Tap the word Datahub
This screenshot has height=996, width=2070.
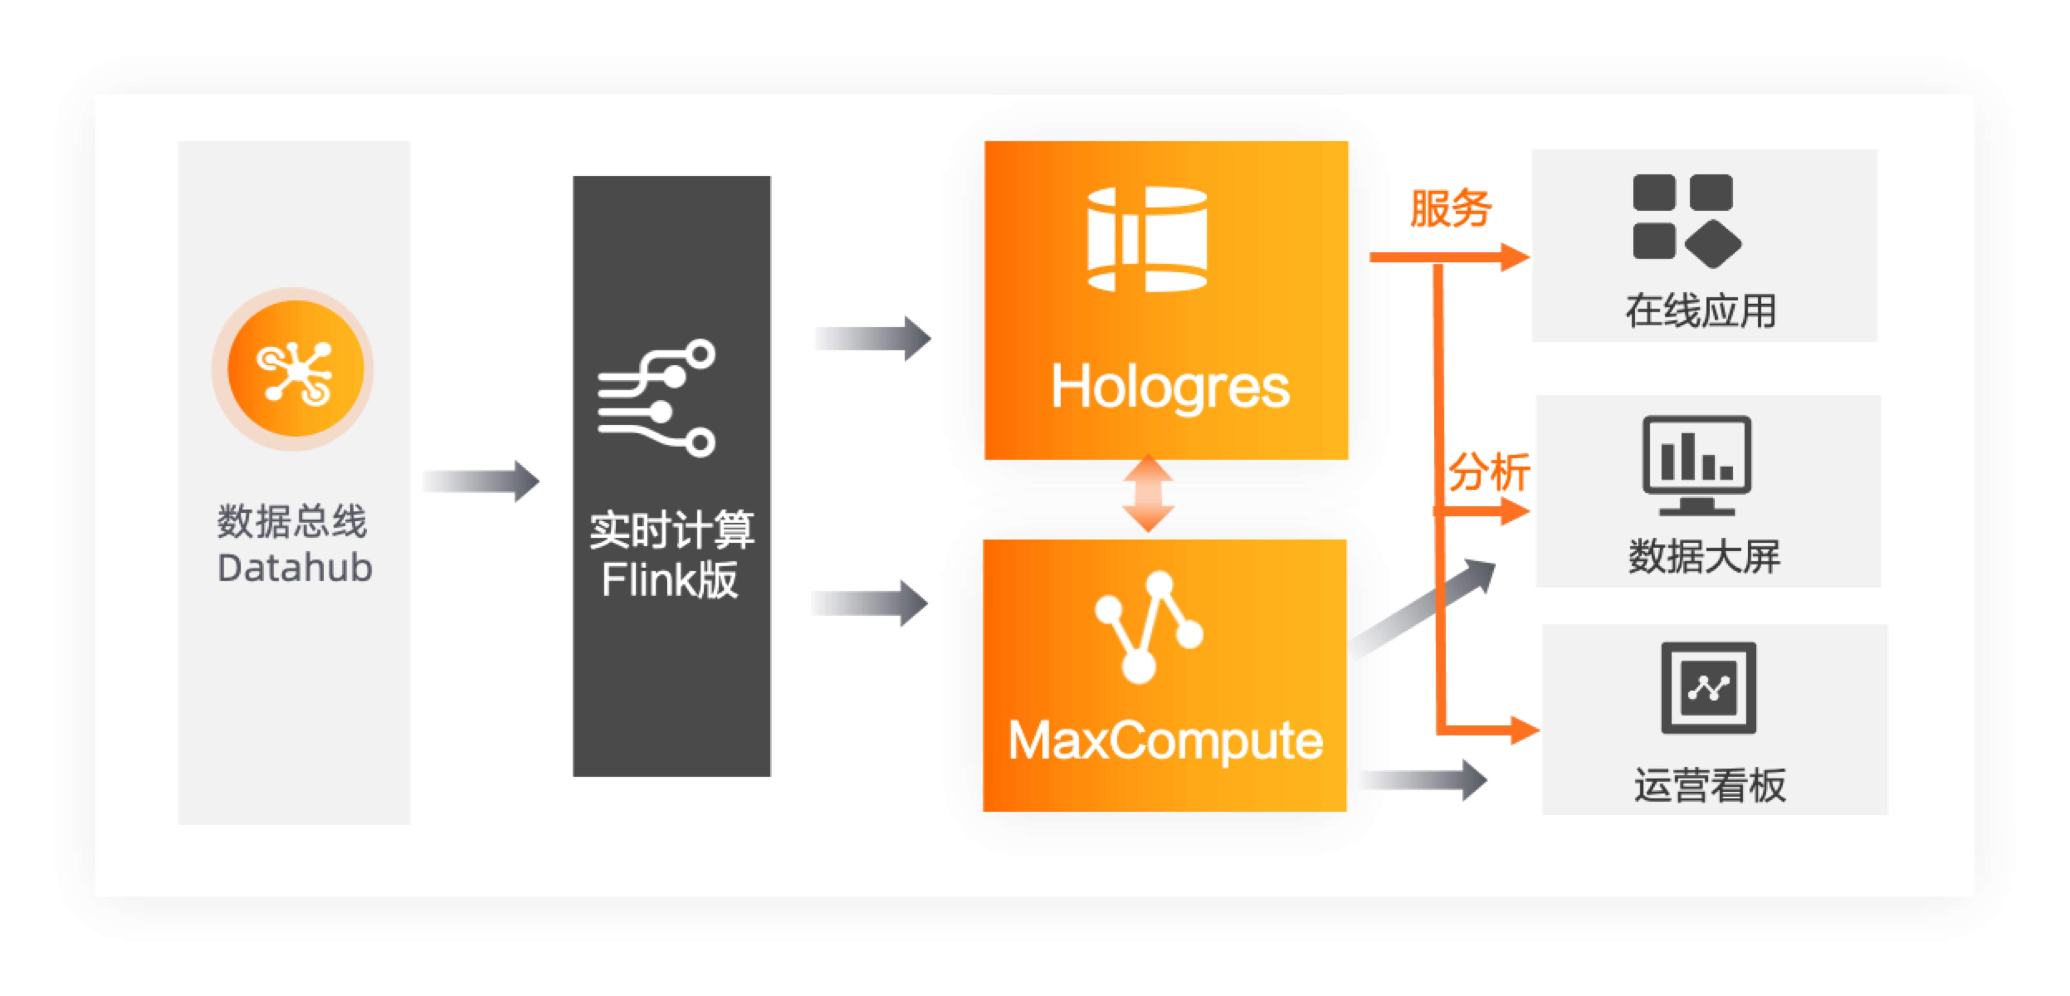(295, 568)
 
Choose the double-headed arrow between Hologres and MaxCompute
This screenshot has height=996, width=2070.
(1148, 494)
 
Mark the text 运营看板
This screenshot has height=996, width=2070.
(1710, 785)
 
